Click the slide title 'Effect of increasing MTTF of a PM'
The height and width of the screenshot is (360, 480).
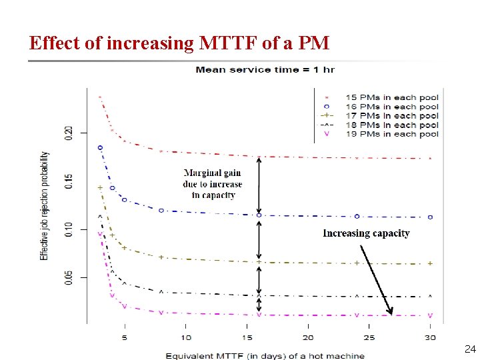tap(179, 43)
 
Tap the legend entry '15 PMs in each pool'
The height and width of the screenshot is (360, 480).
tap(391, 97)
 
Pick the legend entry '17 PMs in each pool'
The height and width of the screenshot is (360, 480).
tap(391, 116)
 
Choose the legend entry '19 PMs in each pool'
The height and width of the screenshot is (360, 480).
tap(391, 134)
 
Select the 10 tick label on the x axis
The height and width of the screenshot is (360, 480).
tap(186, 338)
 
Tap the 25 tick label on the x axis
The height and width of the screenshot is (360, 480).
tap(370, 338)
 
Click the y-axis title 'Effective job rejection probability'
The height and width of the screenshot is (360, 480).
tap(44, 205)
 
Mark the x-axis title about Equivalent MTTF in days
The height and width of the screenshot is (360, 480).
tap(265, 355)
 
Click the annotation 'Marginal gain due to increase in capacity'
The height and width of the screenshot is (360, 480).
tap(213, 184)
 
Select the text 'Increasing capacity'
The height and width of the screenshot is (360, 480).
tap(366, 233)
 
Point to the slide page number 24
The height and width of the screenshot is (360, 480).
tap(469, 349)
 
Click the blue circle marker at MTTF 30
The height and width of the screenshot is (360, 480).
tap(430, 217)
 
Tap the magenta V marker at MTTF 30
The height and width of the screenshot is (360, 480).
tap(430, 315)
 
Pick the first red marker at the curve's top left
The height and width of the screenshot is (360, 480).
tap(100, 97)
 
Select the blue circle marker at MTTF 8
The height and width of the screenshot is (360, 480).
tap(161, 210)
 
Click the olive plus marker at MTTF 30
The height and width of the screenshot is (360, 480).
tap(430, 263)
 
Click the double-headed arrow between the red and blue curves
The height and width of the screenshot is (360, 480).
tap(259, 186)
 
